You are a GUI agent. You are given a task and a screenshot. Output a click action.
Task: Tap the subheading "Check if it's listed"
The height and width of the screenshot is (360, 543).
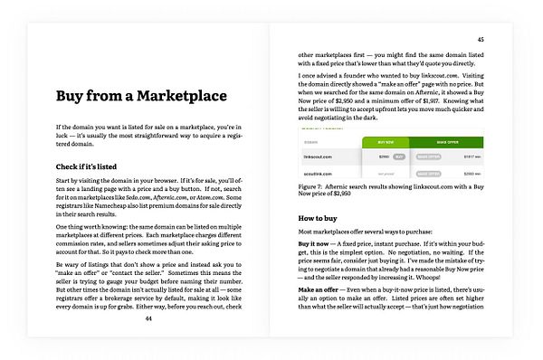point(92,166)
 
